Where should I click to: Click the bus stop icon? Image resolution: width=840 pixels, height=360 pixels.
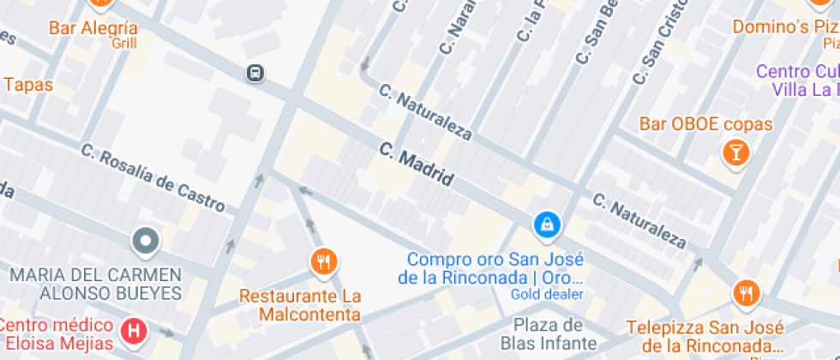255,73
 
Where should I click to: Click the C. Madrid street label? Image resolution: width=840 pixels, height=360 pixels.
416,165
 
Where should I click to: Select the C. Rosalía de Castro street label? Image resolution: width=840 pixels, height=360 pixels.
153,178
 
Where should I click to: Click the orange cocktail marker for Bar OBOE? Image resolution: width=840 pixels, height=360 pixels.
735,153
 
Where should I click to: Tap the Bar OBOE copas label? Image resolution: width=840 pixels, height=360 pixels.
705,124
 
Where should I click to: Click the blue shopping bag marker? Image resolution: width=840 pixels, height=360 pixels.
546,225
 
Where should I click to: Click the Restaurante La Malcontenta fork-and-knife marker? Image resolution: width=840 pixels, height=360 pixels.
323,261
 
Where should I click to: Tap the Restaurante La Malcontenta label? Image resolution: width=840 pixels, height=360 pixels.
300,305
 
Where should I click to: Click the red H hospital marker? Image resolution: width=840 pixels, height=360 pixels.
133,329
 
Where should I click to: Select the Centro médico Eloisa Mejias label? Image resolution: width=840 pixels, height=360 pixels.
57,335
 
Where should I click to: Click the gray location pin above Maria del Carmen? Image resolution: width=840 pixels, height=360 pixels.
146,242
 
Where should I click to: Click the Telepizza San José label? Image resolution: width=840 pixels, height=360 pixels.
705,338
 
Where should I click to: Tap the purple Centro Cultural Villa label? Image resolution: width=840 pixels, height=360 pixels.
797,80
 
